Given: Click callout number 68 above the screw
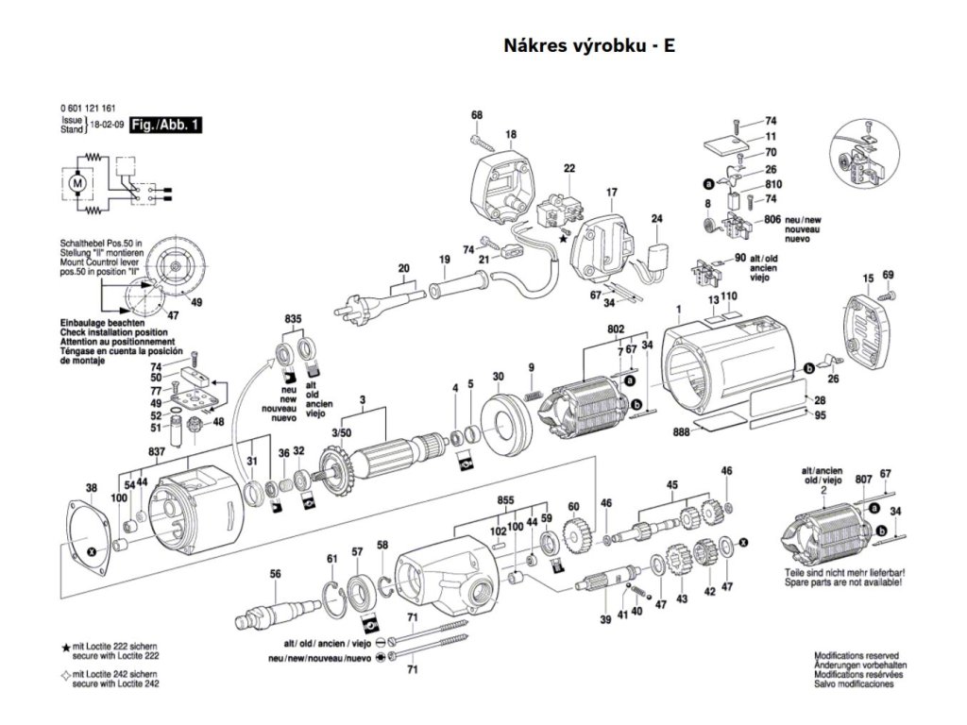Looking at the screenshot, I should [477, 116].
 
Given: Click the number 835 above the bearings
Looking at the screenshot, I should [293, 321].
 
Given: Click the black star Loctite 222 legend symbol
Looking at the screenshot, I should [65, 649].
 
